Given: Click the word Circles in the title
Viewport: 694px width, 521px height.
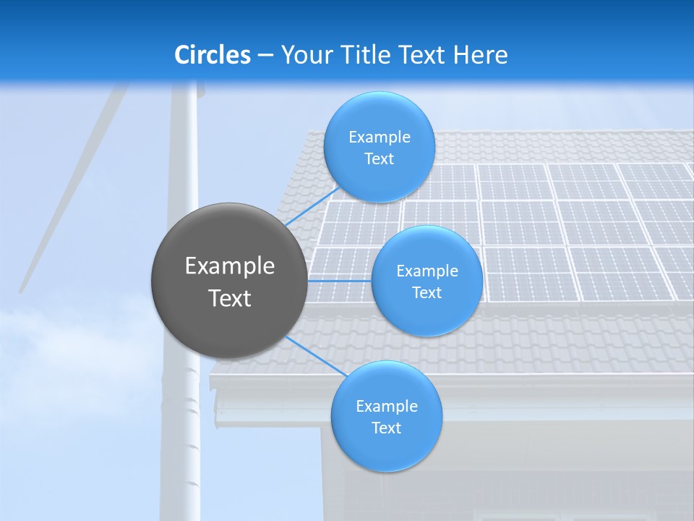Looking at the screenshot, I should click(213, 55).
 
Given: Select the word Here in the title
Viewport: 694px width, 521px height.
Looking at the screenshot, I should click(481, 55).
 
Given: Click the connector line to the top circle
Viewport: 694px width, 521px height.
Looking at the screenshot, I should click(311, 206).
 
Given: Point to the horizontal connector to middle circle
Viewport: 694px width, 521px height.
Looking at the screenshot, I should click(339, 280).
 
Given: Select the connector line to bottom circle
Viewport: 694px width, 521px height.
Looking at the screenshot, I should click(316, 355).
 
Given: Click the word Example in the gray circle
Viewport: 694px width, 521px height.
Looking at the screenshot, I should click(230, 266).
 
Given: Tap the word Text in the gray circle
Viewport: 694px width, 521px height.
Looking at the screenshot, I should click(230, 298).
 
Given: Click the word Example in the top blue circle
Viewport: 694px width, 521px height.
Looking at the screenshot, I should click(379, 137).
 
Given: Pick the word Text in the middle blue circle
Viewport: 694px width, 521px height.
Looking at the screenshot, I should click(427, 293).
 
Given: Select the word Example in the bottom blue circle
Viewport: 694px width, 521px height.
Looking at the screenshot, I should click(386, 407).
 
